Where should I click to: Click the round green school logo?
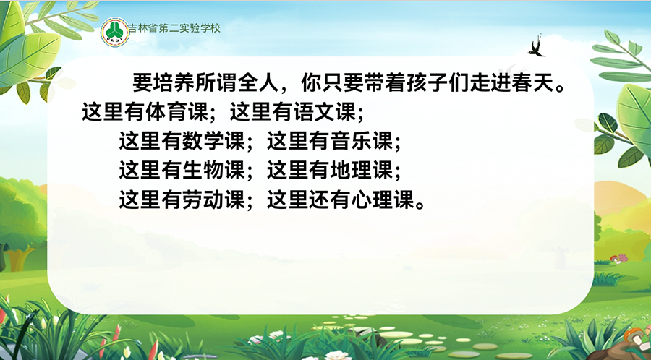point(115,32)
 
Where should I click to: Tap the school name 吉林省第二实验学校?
point(174,28)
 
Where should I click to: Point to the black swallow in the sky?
point(537,46)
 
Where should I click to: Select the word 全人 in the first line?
point(259,83)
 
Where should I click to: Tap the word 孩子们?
point(438,83)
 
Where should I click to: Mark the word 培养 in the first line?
point(175,83)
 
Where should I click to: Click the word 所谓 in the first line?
point(217,83)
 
